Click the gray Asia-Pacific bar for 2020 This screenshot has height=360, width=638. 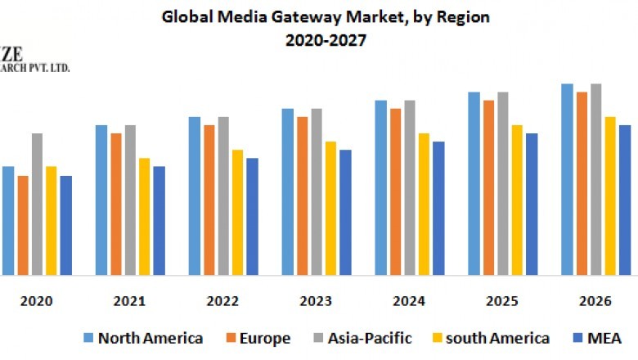click(x=37, y=205)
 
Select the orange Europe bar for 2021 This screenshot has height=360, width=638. click(x=116, y=205)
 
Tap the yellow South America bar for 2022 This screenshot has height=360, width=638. click(x=237, y=213)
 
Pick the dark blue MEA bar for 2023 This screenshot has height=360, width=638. click(x=345, y=213)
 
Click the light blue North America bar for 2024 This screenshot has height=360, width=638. click(x=381, y=188)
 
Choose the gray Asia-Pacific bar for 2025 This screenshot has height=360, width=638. click(x=502, y=184)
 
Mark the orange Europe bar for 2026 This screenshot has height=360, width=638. click(x=582, y=184)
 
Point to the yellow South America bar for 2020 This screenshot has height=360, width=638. click(x=52, y=221)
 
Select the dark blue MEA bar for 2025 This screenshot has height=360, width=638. click(x=532, y=205)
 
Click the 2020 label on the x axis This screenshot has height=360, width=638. click(x=37, y=301)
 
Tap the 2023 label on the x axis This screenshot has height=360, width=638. click(x=316, y=301)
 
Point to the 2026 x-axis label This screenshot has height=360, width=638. click(x=595, y=301)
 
